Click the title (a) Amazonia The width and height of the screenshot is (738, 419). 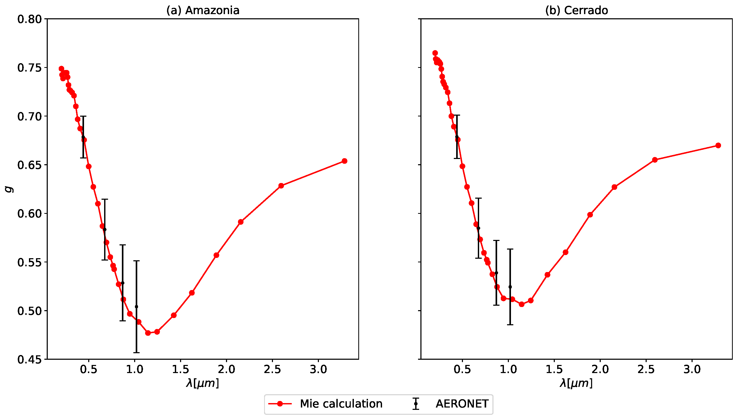[x=203, y=10]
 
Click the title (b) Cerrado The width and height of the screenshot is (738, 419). [x=576, y=10]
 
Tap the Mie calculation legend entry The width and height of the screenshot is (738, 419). [x=325, y=404]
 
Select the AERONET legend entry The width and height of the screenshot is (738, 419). [x=451, y=404]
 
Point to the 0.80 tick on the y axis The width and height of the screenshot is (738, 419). [x=29, y=19]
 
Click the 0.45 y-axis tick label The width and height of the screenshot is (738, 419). [x=29, y=359]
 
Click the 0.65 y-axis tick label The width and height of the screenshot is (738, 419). [x=29, y=165]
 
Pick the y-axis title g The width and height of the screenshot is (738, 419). [x=9, y=189]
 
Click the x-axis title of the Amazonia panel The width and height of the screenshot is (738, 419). [x=203, y=383]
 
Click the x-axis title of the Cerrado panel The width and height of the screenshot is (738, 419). [x=576, y=383]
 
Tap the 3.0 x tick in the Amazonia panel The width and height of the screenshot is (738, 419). [x=318, y=369]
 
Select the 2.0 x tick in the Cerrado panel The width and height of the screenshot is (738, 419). [x=600, y=369]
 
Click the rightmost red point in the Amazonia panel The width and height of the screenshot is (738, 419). [x=344, y=161]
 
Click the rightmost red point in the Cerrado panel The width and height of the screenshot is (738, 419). [x=718, y=145]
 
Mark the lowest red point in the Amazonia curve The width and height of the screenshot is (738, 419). [x=148, y=333]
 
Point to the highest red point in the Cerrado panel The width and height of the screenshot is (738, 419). [x=435, y=53]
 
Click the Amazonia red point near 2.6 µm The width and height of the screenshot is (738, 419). [x=281, y=186]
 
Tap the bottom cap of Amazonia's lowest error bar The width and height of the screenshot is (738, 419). [x=136, y=352]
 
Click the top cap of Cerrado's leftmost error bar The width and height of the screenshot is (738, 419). [x=457, y=115]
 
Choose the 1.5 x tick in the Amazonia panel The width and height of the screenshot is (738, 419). [x=180, y=369]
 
